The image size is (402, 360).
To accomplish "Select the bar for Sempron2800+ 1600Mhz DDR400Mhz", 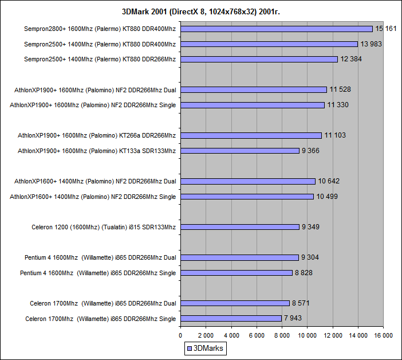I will point(277,29).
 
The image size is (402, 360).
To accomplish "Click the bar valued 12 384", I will point(259,59).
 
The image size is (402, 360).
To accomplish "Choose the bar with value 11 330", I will point(252,105).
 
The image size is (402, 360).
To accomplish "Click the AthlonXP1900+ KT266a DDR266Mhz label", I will point(97,135).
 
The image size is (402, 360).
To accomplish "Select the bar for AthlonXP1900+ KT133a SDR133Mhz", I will point(240,151).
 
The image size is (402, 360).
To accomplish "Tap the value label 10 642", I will point(329,181).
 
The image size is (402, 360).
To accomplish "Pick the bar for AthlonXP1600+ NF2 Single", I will point(247,197).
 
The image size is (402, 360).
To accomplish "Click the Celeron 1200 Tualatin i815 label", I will point(104,227).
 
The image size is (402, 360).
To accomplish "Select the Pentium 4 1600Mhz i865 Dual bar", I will point(239,257).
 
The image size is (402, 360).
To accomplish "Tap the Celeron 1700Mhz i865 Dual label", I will point(103,303).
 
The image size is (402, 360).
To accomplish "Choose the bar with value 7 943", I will point(231,318).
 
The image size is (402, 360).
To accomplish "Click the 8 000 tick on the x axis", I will point(282,335).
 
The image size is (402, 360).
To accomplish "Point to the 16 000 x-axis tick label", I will point(383,335).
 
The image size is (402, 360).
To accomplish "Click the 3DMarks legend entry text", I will point(210,348).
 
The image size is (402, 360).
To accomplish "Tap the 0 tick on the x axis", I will point(180,335).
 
